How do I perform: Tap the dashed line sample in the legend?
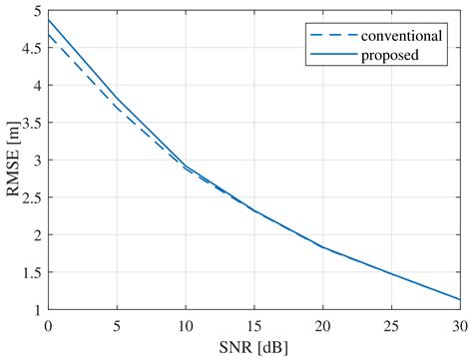point(325,35)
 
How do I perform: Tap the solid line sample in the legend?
point(325,55)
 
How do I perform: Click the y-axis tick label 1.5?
point(32,272)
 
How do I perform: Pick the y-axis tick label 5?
point(37,11)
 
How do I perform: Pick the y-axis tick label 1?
point(37,310)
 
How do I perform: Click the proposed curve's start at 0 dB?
point(48,20)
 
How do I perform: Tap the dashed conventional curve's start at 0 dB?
point(48,35)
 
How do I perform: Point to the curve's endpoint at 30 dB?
point(459,299)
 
